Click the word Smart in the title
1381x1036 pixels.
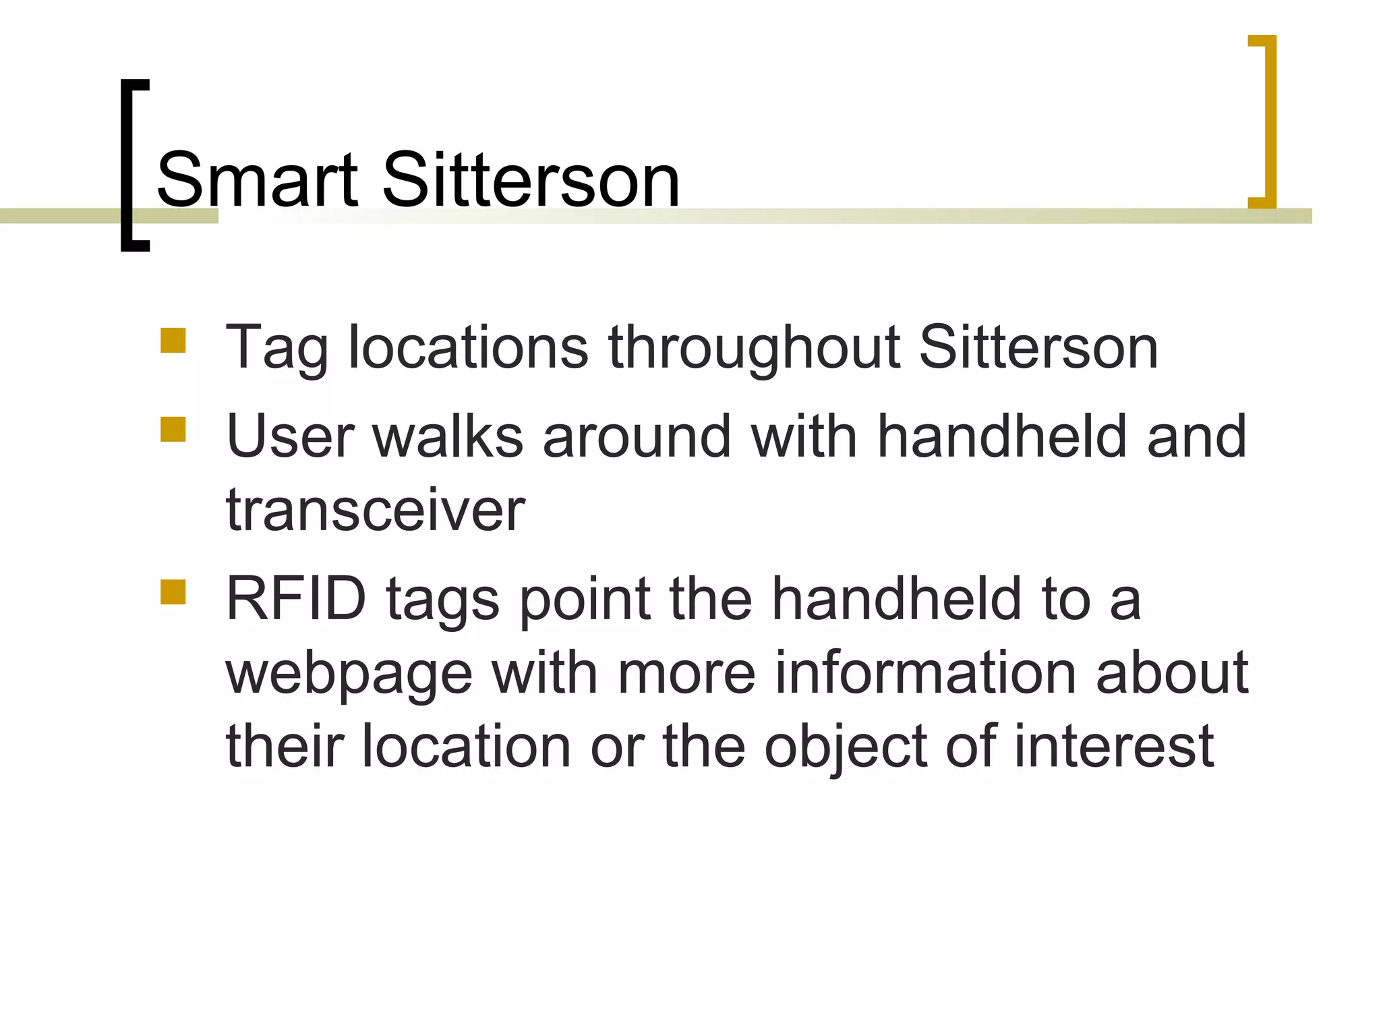(x=257, y=180)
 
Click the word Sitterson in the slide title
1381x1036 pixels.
(x=531, y=180)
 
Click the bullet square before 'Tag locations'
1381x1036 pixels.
(x=173, y=341)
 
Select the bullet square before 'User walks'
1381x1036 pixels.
(x=173, y=429)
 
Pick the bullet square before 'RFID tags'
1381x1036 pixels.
(x=173, y=592)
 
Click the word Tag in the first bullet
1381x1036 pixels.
(x=276, y=349)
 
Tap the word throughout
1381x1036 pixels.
(x=754, y=349)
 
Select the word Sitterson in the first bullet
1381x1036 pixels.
(x=1038, y=349)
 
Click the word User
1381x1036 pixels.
(x=290, y=436)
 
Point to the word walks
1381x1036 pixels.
(x=448, y=436)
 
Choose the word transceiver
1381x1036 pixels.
(x=375, y=511)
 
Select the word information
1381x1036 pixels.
(x=926, y=672)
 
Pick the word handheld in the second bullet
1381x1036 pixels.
(x=1003, y=436)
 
